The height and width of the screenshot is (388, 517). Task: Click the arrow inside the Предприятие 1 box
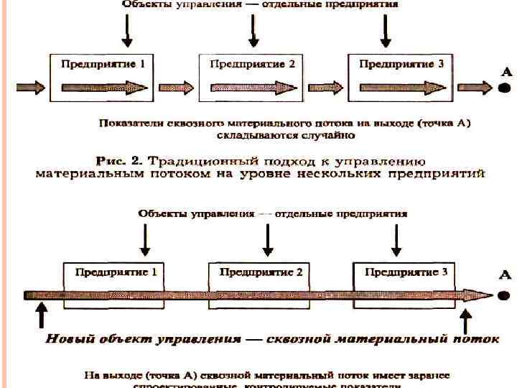(104, 87)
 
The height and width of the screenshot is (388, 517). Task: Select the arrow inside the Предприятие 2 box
(252, 87)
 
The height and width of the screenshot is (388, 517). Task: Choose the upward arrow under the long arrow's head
(465, 319)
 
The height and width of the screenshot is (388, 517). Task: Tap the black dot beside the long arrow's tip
(505, 295)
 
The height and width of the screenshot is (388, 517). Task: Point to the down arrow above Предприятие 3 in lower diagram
(396, 241)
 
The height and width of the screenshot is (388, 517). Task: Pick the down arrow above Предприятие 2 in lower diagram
(267, 241)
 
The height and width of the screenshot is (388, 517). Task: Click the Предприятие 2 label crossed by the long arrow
(261, 272)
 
